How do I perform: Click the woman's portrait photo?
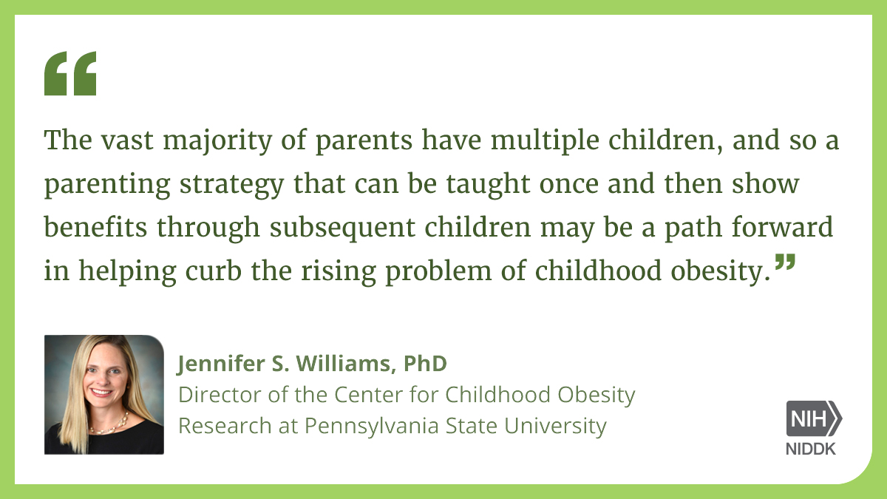point(103,395)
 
